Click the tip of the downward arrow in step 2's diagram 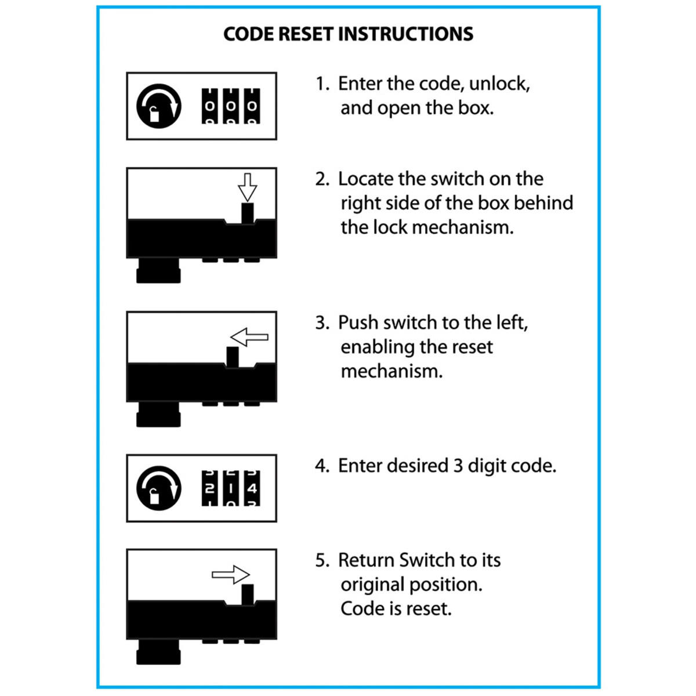point(248,201)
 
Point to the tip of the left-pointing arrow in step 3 point(231,338)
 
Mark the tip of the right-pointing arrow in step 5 point(249,574)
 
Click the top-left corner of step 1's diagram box point(127,72)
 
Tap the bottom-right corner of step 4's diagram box point(277,521)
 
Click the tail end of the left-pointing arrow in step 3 point(268,338)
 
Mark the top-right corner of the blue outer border point(600,7)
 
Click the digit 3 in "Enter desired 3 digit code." point(458,466)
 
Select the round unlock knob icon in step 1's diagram point(158,106)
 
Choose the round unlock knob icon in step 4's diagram point(158,488)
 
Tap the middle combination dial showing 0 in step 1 point(231,106)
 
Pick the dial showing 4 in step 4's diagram point(252,488)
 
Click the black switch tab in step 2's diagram point(248,213)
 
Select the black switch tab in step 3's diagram point(232,357)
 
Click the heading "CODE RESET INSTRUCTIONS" point(348,34)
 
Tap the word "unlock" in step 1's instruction point(499,84)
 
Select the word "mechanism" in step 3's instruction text point(391,371)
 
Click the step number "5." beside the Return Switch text point(322,560)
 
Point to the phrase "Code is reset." point(396,609)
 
